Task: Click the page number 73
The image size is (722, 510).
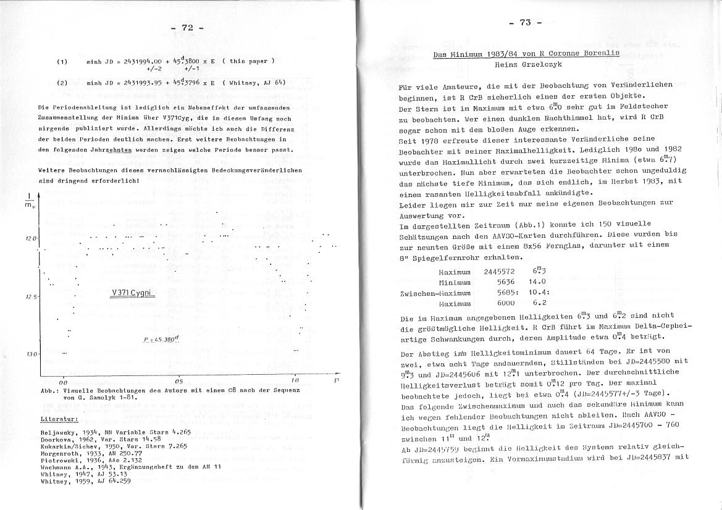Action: (525, 23)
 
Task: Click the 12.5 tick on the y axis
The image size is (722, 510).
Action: (32, 297)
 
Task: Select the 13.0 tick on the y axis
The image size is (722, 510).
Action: (32, 354)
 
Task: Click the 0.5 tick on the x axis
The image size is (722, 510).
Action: (178, 381)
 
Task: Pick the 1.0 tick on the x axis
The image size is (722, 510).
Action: (295, 381)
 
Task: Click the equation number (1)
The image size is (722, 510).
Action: (62, 62)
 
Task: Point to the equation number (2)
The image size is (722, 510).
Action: (62, 82)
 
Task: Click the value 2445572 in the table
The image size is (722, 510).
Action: (499, 272)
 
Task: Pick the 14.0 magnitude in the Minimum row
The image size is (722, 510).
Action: (539, 282)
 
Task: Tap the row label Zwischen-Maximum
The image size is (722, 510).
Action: (435, 293)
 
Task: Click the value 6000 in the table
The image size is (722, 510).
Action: (506, 303)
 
